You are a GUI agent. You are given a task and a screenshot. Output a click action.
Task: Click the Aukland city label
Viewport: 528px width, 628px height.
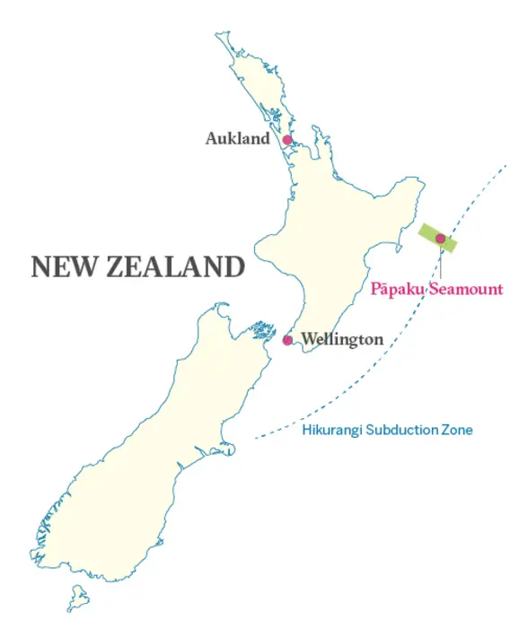[237, 139]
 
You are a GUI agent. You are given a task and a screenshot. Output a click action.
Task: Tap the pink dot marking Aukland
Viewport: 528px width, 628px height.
[287, 140]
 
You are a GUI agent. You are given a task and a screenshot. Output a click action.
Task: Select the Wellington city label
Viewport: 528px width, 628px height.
[342, 340]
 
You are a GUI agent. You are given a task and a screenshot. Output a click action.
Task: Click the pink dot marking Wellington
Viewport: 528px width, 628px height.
[287, 340]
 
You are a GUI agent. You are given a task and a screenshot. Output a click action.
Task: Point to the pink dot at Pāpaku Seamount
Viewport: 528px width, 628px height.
[440, 238]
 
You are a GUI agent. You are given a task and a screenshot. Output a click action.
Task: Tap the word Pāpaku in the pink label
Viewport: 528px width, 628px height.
[397, 289]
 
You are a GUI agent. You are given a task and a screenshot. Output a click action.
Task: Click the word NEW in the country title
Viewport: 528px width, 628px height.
[64, 266]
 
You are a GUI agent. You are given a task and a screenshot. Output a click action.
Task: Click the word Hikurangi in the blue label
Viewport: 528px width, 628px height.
[330, 431]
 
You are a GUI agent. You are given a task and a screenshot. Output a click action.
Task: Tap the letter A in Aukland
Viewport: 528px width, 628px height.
[211, 139]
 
